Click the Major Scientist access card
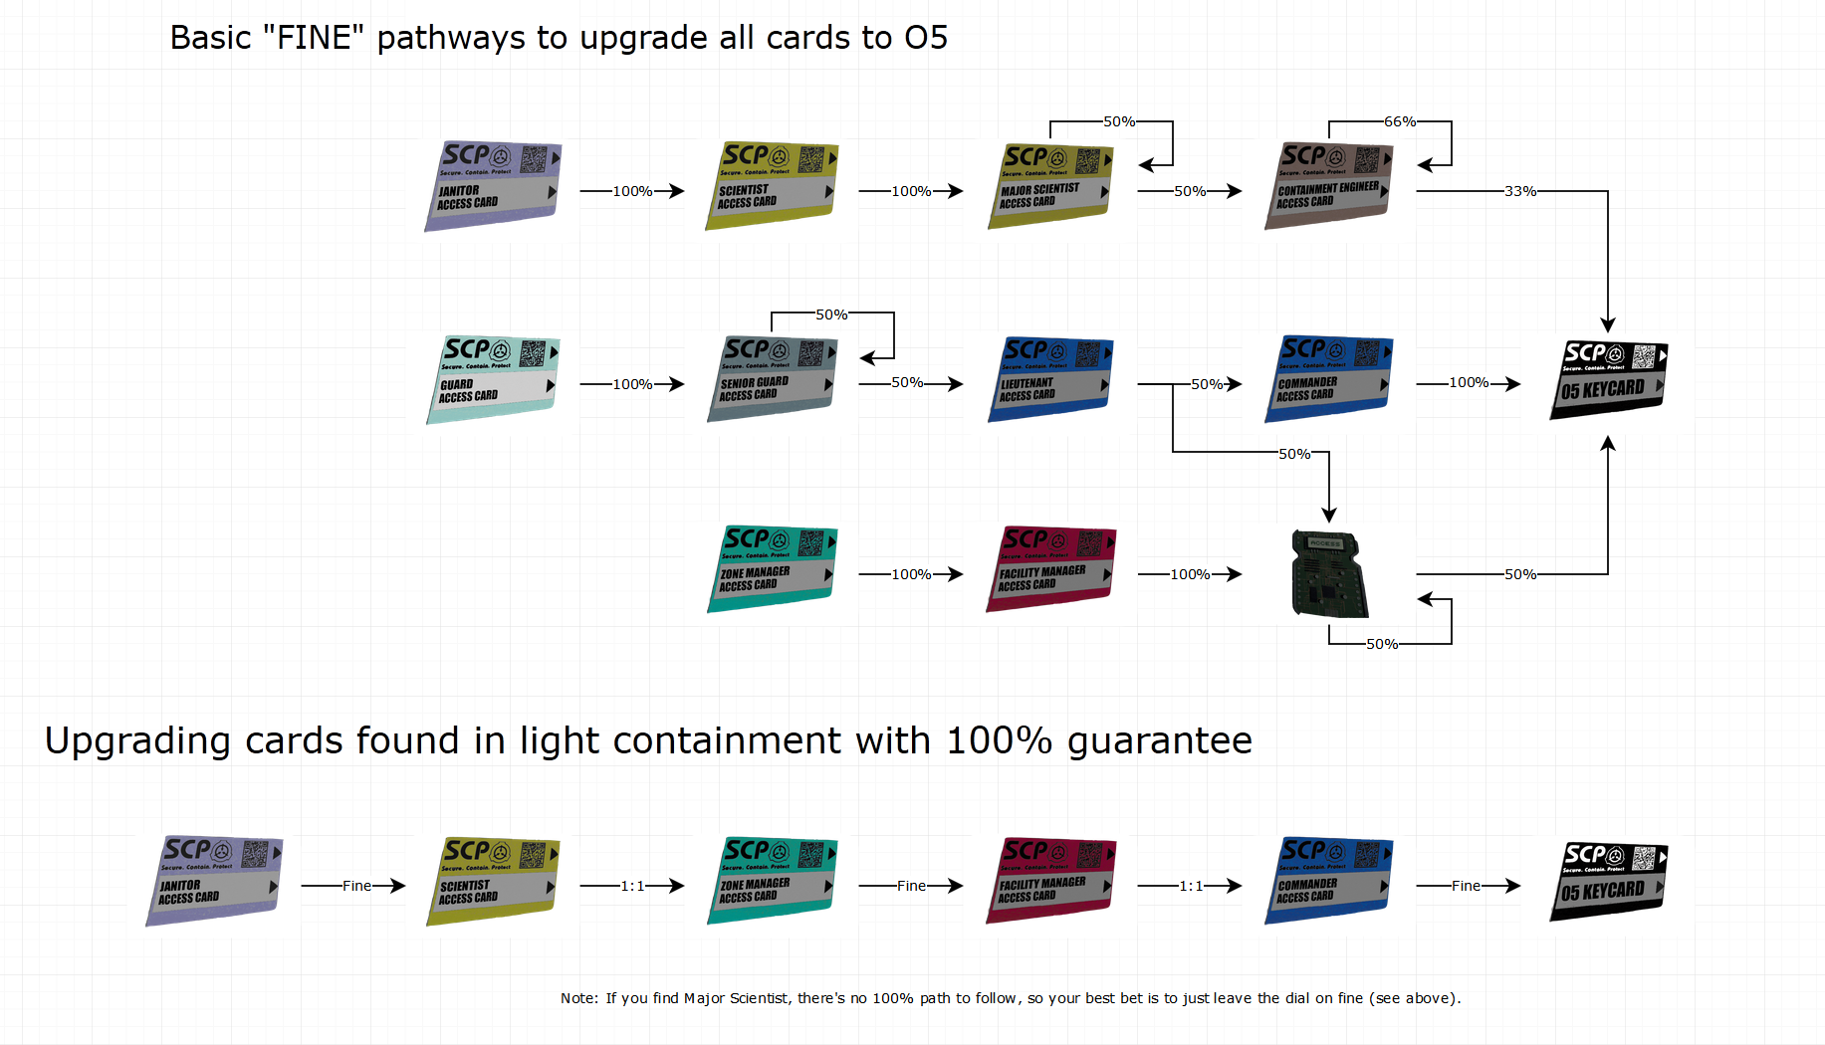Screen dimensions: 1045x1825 [1050, 186]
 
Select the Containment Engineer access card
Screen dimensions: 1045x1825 [1329, 186]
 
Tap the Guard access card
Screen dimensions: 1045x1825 [493, 380]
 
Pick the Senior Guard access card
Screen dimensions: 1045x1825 [772, 379]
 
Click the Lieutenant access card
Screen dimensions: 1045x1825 [1050, 379]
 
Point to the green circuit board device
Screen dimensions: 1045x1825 [1329, 574]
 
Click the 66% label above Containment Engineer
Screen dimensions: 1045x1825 [1399, 121]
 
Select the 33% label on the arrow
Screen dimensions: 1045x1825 [1519, 191]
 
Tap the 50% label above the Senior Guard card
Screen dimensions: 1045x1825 [831, 314]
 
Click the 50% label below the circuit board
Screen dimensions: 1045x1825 [1381, 644]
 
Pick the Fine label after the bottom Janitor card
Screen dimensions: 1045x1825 [356, 886]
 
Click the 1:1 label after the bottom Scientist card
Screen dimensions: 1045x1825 [632, 886]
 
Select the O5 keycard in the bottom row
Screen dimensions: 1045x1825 [1608, 882]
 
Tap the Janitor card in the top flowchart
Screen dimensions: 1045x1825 [493, 186]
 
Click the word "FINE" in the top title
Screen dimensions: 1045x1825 [314, 38]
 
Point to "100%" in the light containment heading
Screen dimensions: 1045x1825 [999, 740]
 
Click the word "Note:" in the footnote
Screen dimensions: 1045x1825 [579, 998]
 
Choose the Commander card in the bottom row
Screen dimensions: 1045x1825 [1329, 881]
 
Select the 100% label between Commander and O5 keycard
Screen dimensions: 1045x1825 [1469, 382]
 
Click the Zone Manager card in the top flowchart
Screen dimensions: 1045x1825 [772, 569]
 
